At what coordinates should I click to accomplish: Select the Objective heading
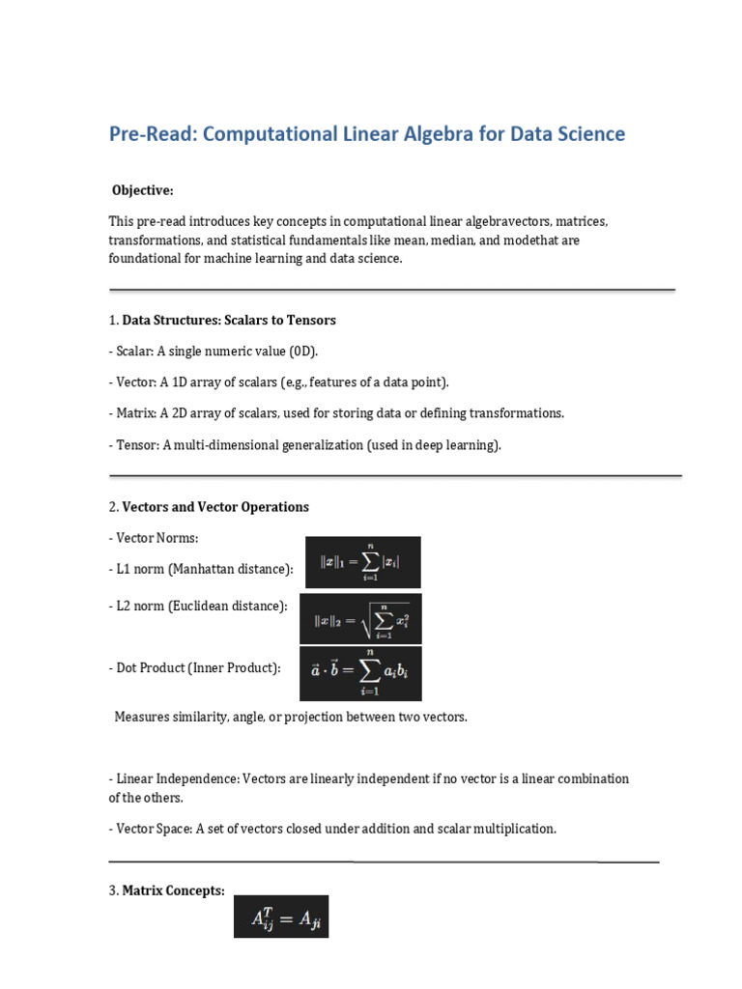[142, 190]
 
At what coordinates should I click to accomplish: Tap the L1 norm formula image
[363, 562]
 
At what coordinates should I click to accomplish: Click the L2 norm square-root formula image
[360, 619]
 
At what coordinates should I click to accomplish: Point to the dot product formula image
[360, 673]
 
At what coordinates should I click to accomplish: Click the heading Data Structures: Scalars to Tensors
[229, 320]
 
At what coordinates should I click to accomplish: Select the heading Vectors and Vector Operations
[215, 506]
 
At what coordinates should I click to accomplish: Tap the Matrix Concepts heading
[173, 890]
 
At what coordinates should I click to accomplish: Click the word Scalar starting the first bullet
[133, 351]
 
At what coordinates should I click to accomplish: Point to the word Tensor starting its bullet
[135, 444]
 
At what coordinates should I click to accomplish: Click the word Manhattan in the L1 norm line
[201, 570]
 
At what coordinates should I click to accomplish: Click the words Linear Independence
[176, 778]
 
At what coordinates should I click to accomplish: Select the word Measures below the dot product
[143, 717]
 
